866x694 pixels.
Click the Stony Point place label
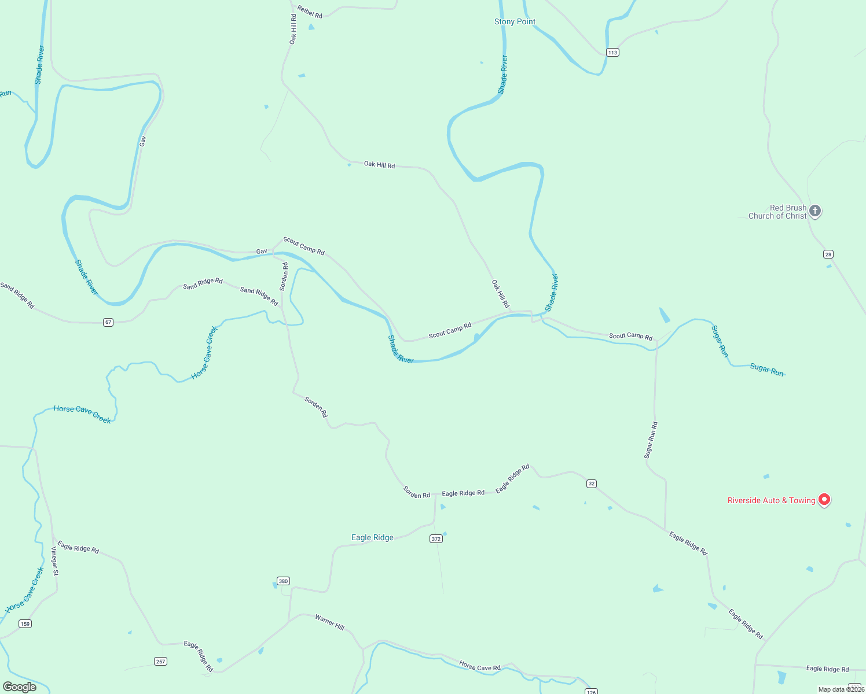515,22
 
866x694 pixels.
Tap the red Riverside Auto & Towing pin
824,500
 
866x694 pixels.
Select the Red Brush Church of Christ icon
815,211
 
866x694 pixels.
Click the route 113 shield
613,53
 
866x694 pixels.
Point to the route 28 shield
828,254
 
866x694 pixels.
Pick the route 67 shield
108,322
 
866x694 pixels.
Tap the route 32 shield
591,483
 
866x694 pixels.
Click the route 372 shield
436,539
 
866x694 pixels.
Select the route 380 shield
282,581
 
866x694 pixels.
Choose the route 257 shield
160,661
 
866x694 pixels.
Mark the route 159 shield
25,623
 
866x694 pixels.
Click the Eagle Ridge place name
372,538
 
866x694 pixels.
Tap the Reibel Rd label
310,12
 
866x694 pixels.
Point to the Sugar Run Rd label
651,440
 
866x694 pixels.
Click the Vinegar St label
55,561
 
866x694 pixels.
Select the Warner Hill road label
329,622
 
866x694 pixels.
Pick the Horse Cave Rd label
479,666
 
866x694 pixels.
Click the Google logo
20,687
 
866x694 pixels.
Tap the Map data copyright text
841,689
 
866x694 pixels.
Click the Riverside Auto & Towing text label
771,501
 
